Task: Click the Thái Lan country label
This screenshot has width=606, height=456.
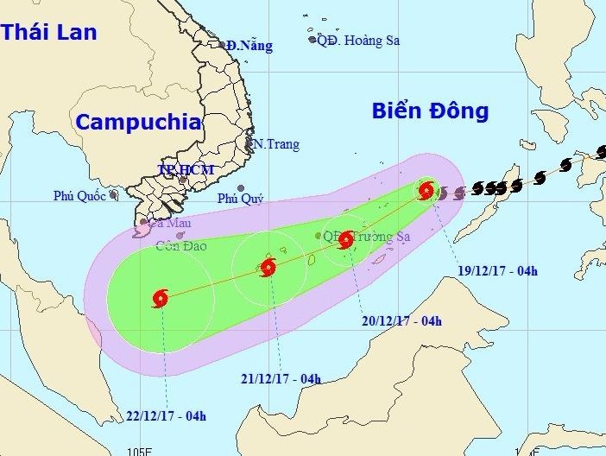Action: pyautogui.click(x=49, y=33)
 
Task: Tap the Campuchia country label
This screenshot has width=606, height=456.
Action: pyautogui.click(x=138, y=122)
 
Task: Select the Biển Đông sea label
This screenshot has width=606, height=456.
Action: pyautogui.click(x=431, y=111)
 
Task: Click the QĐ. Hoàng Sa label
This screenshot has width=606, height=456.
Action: pyautogui.click(x=356, y=40)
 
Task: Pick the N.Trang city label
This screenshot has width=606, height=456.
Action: pyautogui.click(x=275, y=144)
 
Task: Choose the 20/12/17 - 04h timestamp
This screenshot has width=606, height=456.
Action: pyautogui.click(x=401, y=322)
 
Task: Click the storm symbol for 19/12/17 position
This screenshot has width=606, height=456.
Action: pyautogui.click(x=426, y=191)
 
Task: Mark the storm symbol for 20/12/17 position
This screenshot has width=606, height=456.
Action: pyautogui.click(x=346, y=239)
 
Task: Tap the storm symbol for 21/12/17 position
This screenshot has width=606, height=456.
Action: pyautogui.click(x=268, y=267)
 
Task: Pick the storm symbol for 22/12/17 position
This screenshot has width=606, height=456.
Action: pyautogui.click(x=161, y=299)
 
